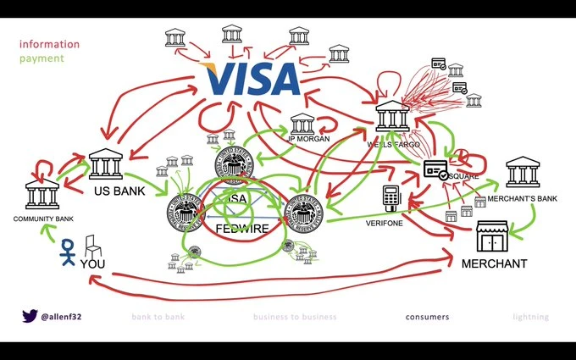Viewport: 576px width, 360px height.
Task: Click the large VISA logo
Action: coord(252,79)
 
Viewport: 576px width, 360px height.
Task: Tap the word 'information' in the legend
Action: coord(49,44)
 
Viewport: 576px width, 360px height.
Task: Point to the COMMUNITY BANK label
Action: coord(40,219)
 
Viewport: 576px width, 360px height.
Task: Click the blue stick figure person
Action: coord(67,253)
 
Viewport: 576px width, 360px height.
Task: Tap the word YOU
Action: coord(93,264)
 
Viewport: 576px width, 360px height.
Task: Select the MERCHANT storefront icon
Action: coord(492,237)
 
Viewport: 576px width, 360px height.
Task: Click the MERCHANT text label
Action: coord(493,264)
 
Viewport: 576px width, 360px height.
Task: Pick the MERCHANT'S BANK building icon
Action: coord(523,173)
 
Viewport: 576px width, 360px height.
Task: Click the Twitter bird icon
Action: coord(30,317)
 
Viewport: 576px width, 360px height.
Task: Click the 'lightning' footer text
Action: coord(530,318)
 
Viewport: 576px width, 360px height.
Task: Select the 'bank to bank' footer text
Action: coord(158,318)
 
